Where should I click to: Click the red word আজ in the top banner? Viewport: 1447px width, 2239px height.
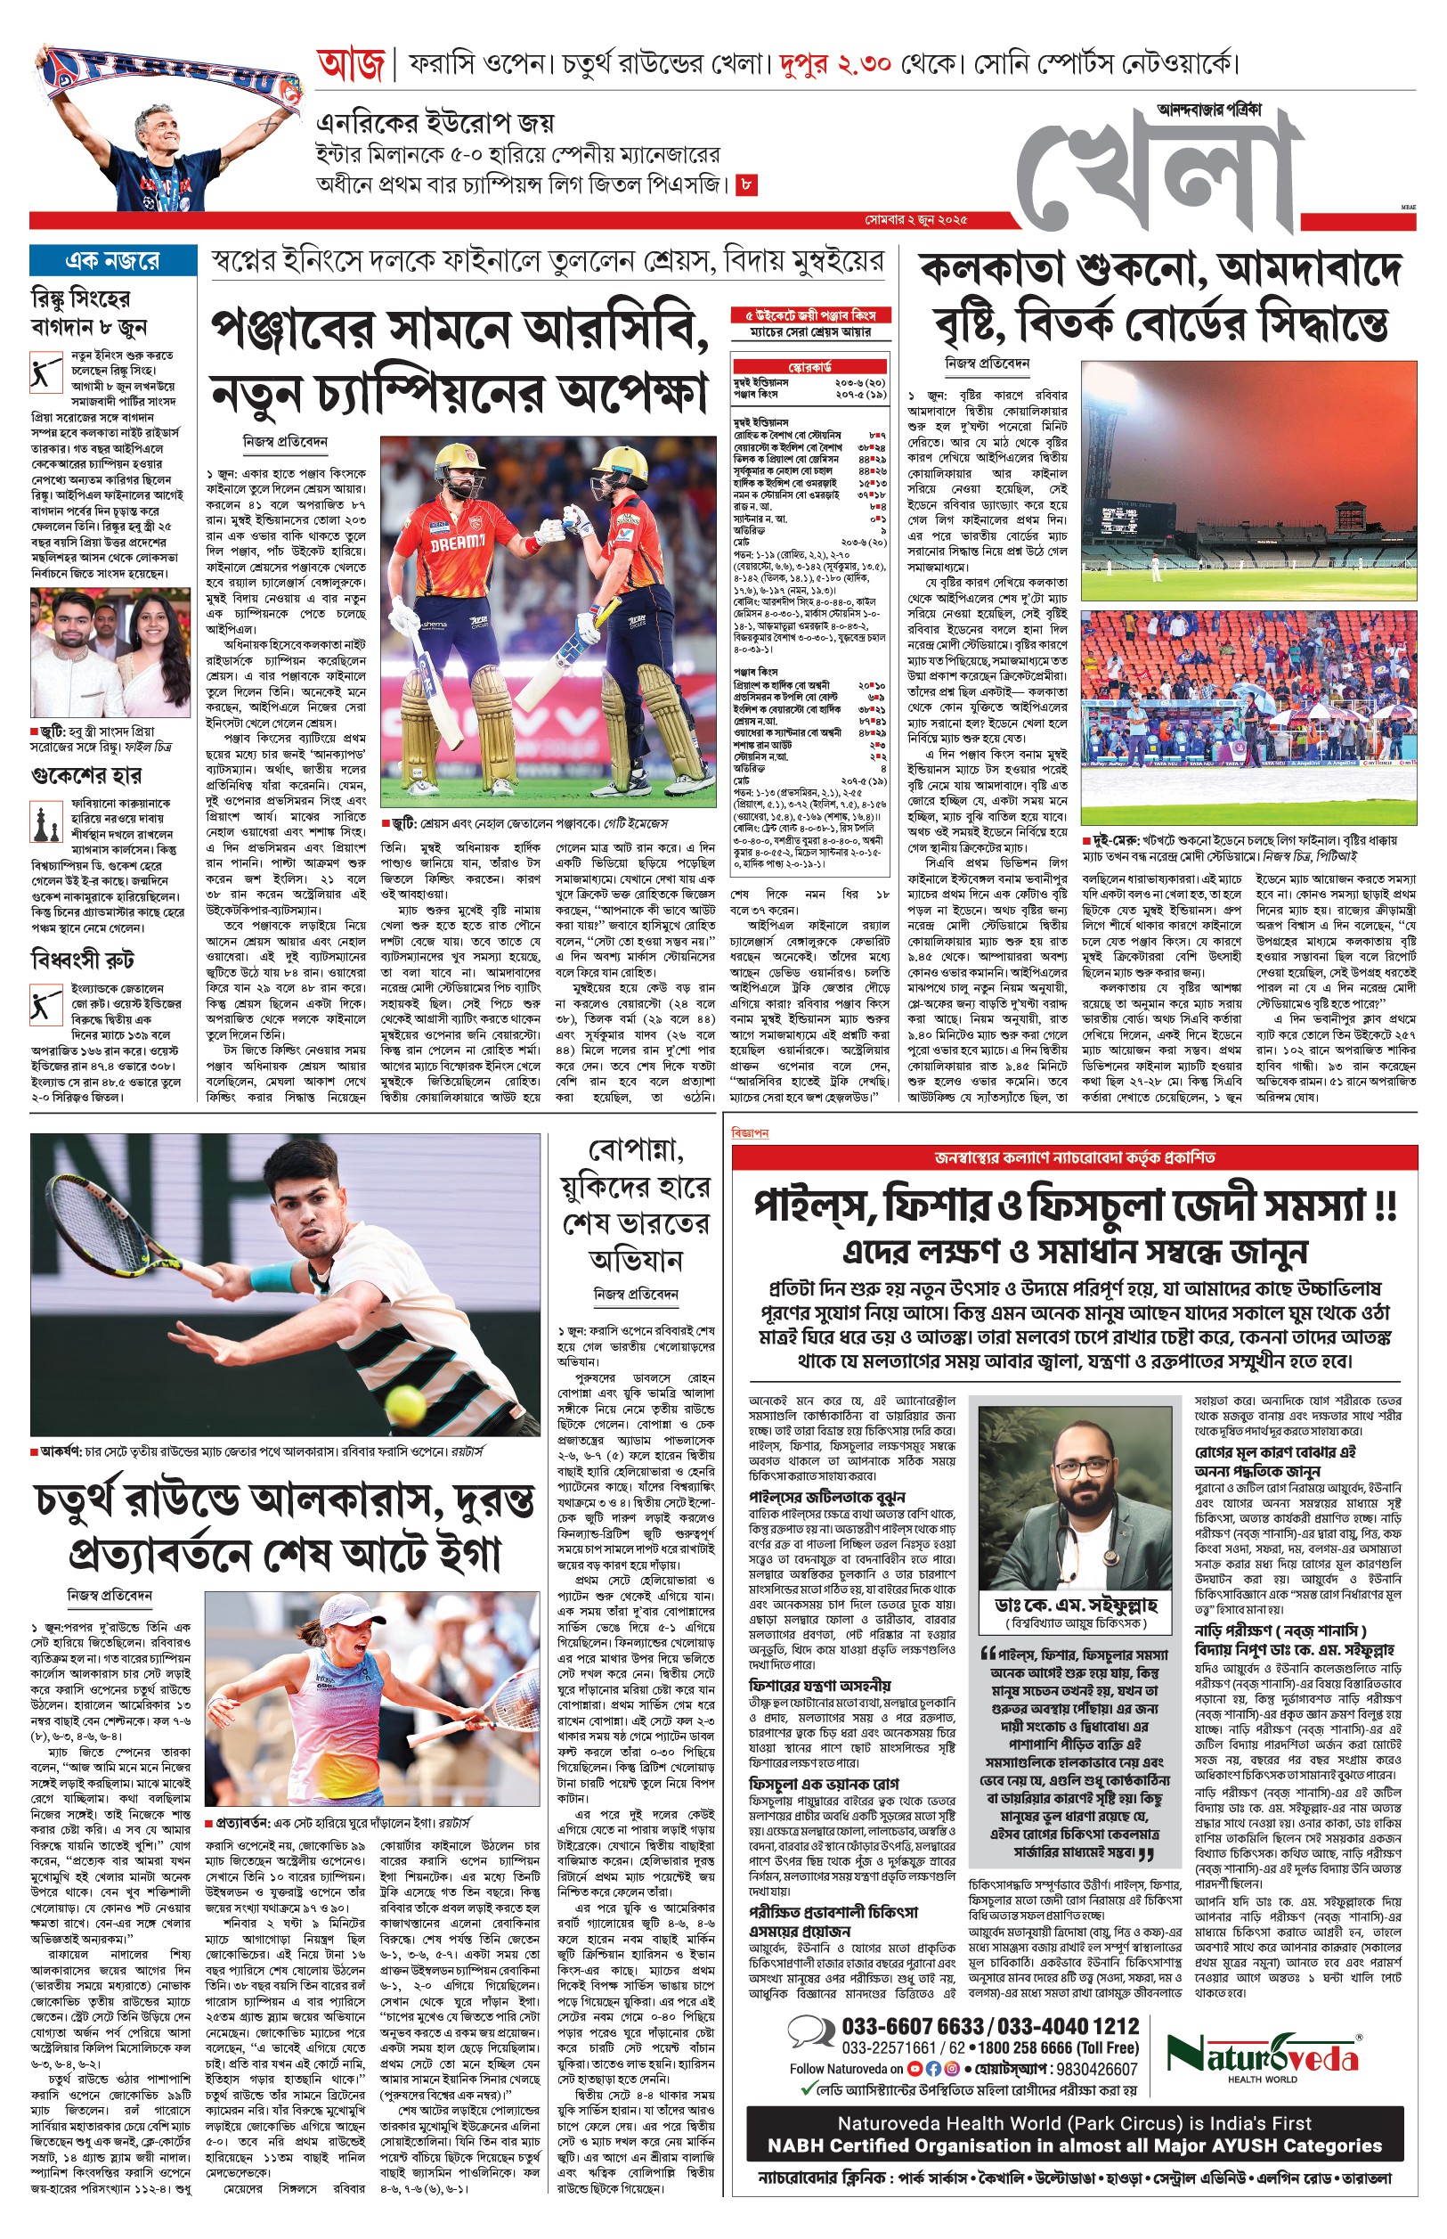(351, 65)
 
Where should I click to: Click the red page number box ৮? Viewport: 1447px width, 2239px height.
(745, 184)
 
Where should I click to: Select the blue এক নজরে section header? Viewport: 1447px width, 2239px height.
(111, 260)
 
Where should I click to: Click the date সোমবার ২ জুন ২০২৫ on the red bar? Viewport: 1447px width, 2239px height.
(915, 220)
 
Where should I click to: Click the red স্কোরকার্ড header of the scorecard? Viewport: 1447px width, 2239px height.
(809, 365)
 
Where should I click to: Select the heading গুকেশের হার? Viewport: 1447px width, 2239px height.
(85, 775)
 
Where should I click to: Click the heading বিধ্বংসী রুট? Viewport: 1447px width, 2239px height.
(82, 960)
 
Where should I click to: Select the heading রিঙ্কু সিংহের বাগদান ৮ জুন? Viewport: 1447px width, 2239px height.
(87, 313)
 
